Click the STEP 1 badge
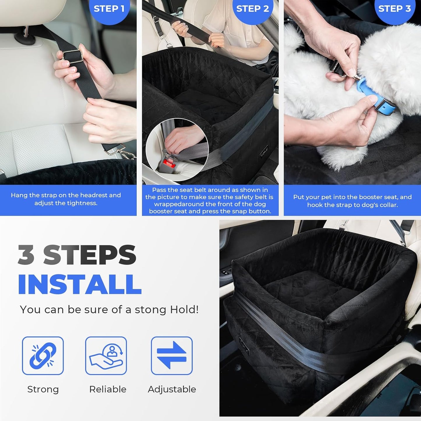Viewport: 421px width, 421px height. [x=109, y=9]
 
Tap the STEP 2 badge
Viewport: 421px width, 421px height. [x=252, y=9]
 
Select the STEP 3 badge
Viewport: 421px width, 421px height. [x=394, y=9]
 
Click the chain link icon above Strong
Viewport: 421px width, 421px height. [x=43, y=355]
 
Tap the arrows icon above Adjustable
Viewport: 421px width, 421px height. [x=172, y=355]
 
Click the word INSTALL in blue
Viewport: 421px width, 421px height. [x=80, y=284]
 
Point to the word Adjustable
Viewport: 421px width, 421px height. [x=172, y=389]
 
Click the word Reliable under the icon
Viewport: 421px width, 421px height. [x=108, y=389]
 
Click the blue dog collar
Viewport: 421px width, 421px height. [x=376, y=98]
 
